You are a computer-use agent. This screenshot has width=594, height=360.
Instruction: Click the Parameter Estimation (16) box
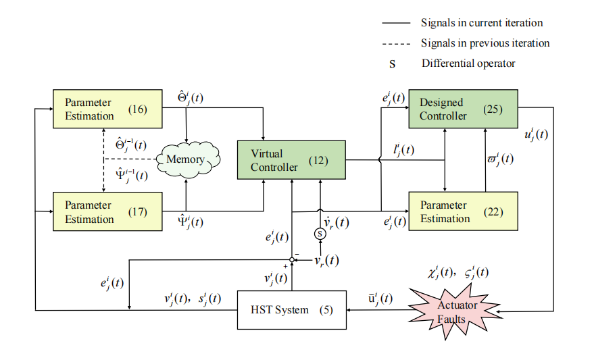click(108, 109)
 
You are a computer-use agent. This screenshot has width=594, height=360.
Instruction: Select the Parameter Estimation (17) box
click(108, 212)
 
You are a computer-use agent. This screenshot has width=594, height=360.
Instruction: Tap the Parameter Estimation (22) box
click(463, 211)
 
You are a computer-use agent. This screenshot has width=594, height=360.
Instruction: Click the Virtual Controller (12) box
click(291, 160)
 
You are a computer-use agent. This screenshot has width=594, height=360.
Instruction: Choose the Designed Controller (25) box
click(463, 109)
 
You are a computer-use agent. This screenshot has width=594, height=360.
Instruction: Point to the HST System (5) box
click(291, 310)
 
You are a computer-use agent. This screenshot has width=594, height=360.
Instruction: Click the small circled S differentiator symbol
click(320, 234)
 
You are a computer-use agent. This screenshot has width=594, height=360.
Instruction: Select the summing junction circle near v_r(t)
click(292, 260)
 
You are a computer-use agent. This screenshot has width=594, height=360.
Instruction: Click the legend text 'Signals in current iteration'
click(481, 23)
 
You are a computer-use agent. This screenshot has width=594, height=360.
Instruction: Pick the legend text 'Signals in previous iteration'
click(485, 43)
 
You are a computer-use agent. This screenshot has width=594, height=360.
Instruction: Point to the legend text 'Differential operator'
click(468, 63)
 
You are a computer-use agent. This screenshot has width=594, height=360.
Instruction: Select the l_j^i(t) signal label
click(405, 150)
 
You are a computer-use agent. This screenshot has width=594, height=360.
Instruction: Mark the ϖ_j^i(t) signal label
click(501, 160)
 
